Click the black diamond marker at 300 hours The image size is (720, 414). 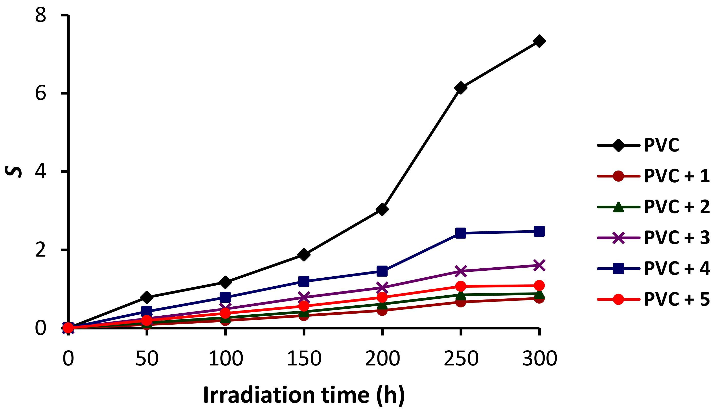click(x=539, y=41)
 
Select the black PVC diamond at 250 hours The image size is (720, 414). click(x=460, y=88)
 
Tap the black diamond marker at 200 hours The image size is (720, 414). click(x=382, y=210)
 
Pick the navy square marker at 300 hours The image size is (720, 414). click(x=539, y=231)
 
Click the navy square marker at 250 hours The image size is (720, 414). click(x=460, y=233)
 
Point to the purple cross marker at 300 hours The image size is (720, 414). click(x=539, y=265)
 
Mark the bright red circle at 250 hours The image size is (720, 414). click(x=460, y=286)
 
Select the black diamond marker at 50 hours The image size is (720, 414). click(x=147, y=297)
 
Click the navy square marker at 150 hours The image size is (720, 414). click(x=304, y=281)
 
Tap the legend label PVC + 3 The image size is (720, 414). click(x=677, y=237)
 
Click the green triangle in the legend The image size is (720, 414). click(x=618, y=207)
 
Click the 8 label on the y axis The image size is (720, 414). click(x=41, y=15)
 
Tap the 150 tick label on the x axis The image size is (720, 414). click(x=304, y=359)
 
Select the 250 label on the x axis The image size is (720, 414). click(x=461, y=359)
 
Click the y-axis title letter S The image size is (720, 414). click(x=13, y=172)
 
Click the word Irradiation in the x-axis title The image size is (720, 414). click(x=259, y=395)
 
